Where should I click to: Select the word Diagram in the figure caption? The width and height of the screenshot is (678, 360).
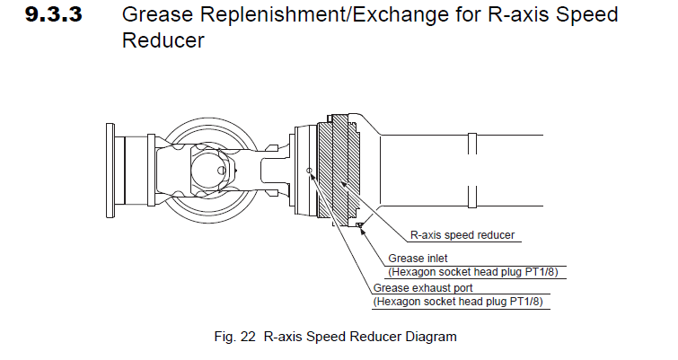(432, 338)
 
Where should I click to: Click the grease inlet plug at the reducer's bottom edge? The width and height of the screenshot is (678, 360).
(359, 224)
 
